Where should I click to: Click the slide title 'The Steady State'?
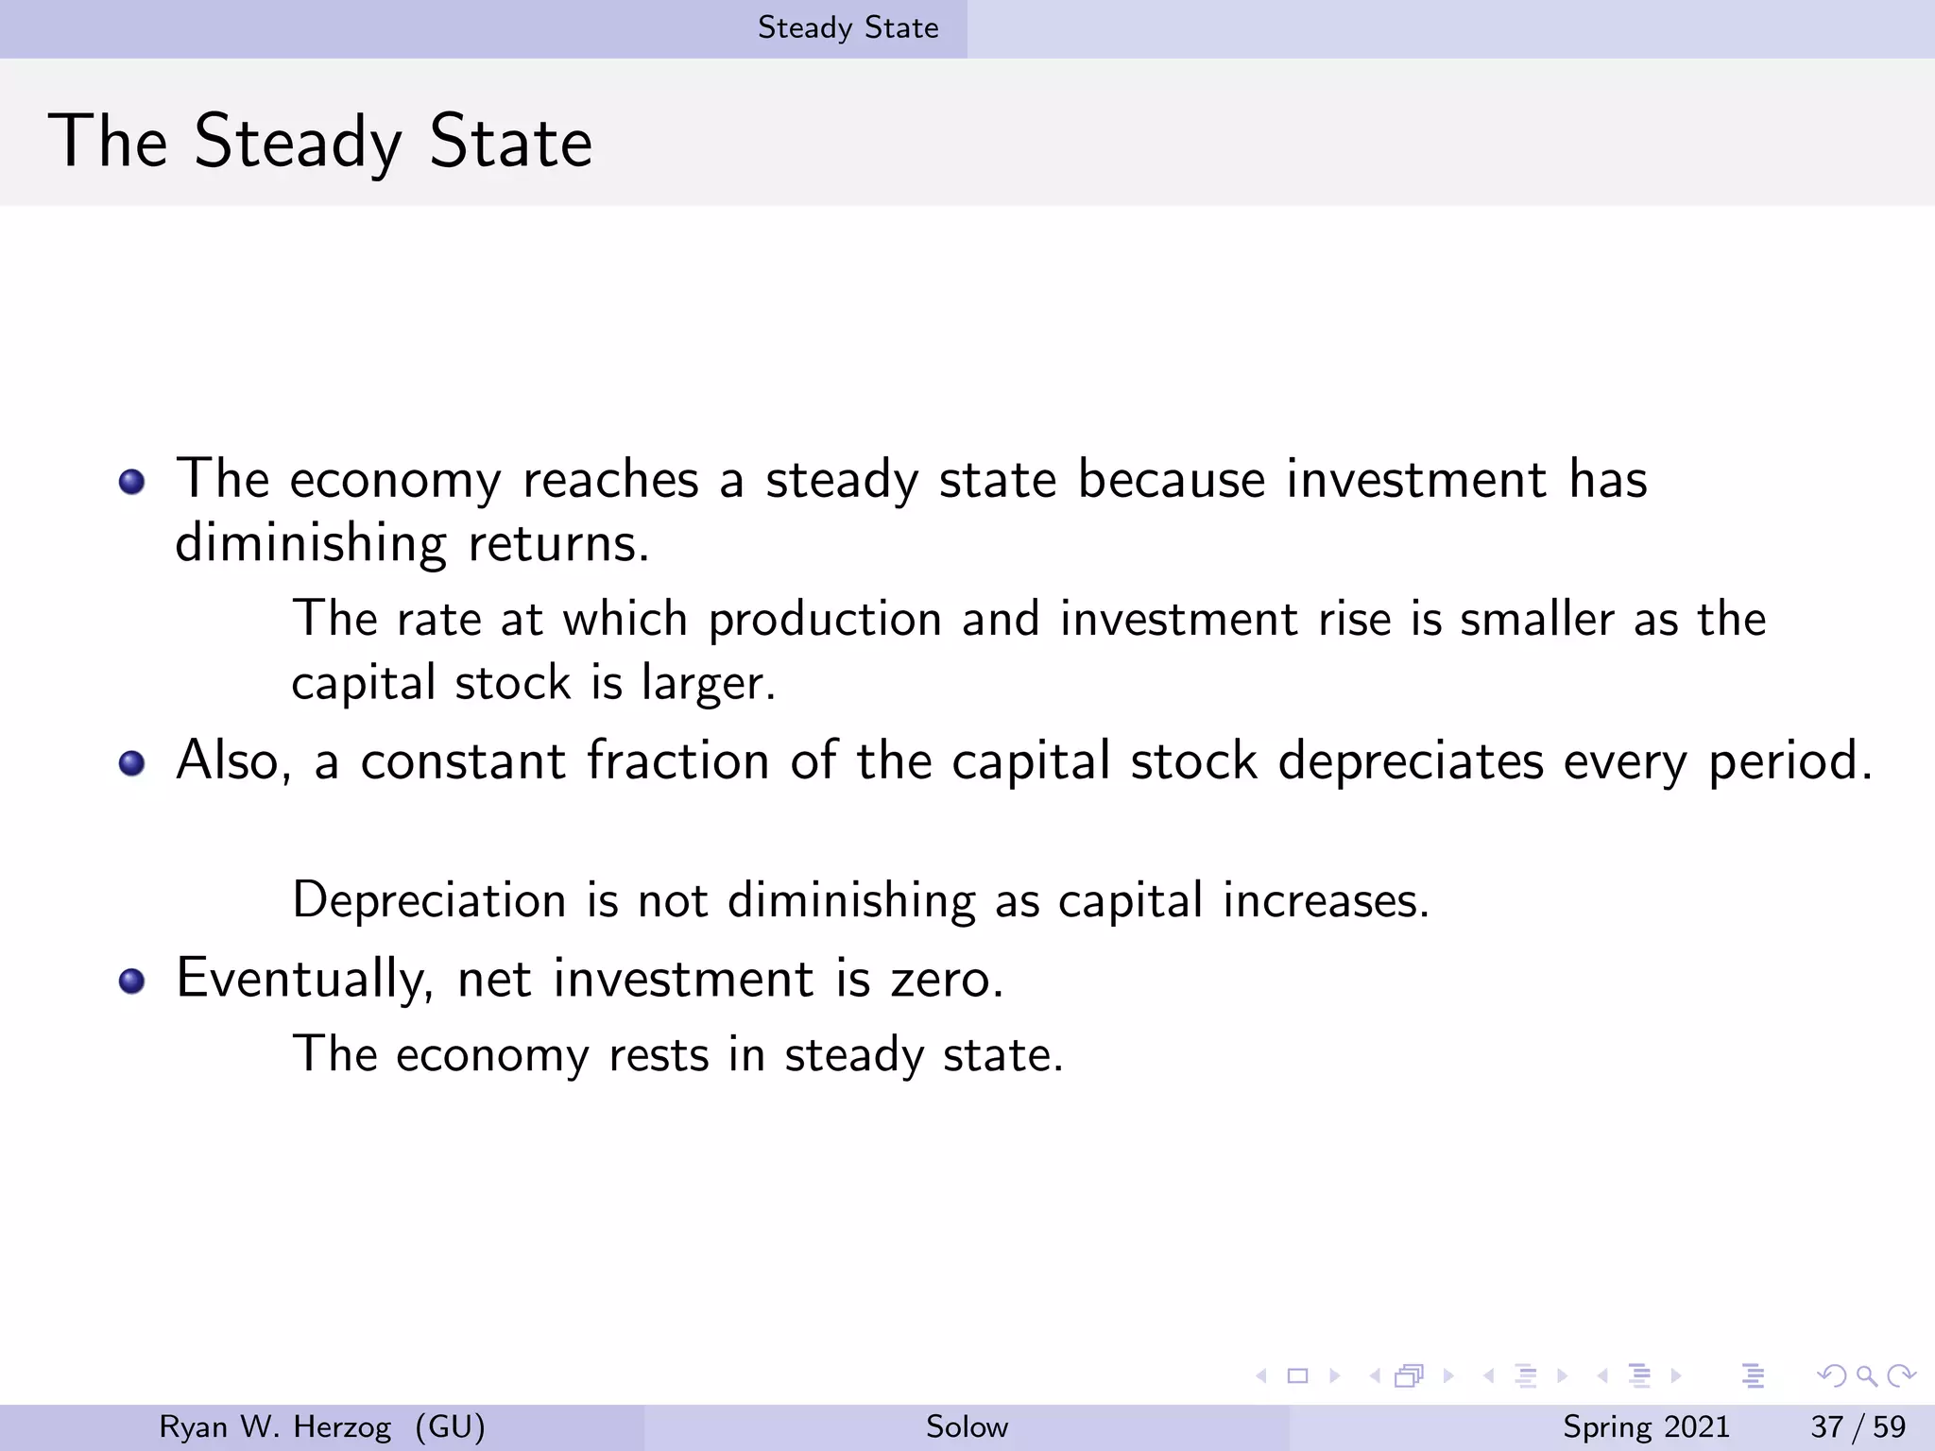pos(320,142)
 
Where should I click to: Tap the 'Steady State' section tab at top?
pos(848,28)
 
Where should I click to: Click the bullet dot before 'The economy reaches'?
pos(132,483)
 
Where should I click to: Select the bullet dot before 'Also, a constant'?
pos(132,763)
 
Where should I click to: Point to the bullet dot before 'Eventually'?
pos(132,981)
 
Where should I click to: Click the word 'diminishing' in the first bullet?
pos(310,544)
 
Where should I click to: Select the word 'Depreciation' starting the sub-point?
pos(429,899)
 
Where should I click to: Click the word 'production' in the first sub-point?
pos(825,621)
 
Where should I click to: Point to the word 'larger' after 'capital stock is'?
pos(707,683)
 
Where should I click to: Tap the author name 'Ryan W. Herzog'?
pos(275,1426)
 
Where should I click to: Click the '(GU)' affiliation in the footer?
pos(450,1426)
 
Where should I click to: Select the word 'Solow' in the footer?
pos(967,1426)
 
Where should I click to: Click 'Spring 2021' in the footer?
pos(1645,1426)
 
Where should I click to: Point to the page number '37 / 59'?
pos(1858,1426)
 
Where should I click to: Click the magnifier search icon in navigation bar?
pos(1866,1376)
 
